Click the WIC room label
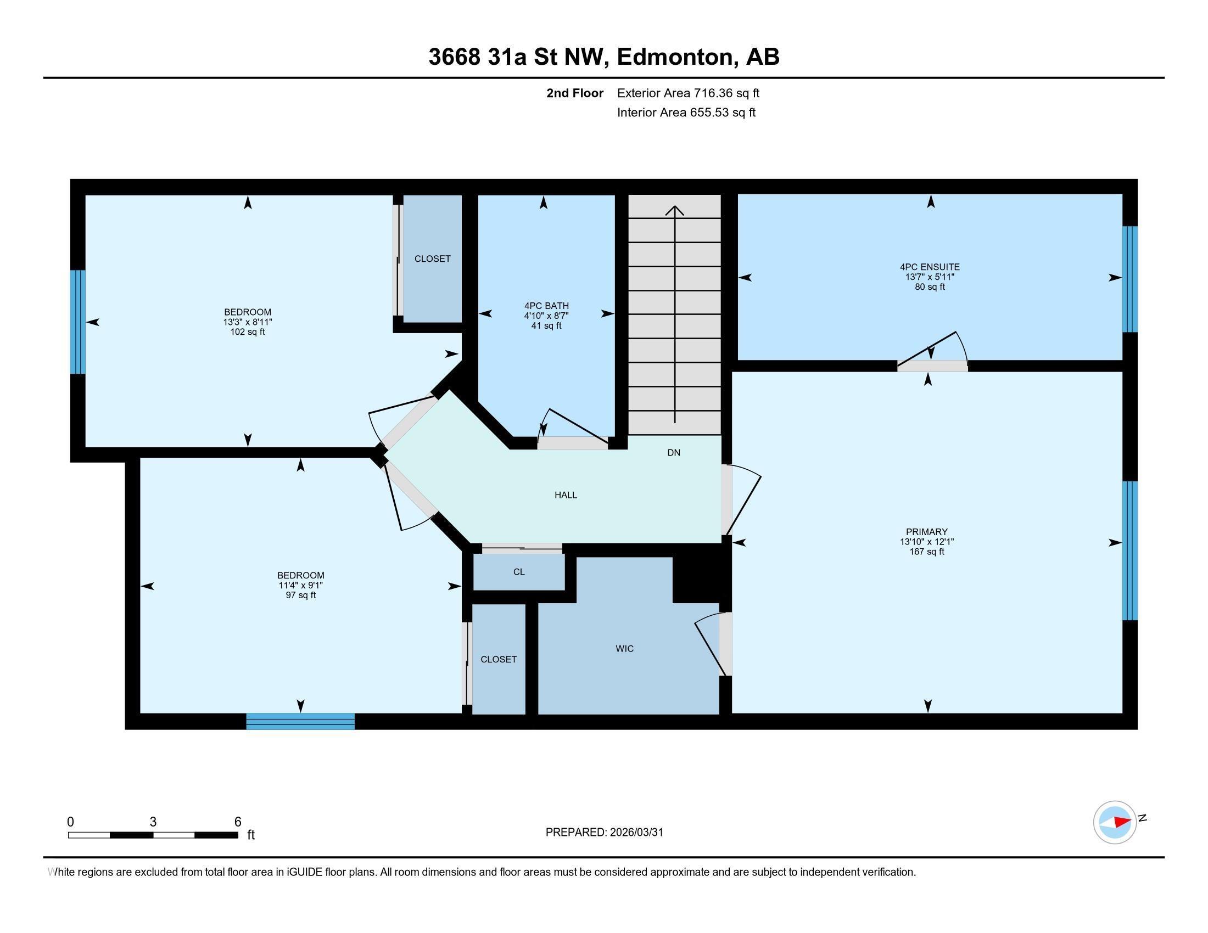coord(624,648)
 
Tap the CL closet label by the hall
coord(518,571)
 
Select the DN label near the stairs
coord(673,453)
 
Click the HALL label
coord(565,494)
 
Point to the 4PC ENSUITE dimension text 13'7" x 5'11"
coord(929,277)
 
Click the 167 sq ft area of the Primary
coord(926,552)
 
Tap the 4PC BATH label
coord(546,306)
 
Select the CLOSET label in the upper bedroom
coord(432,258)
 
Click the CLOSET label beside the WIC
coord(499,659)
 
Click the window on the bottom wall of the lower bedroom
coord(300,721)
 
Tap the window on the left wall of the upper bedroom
coord(78,322)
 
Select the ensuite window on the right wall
coord(1129,279)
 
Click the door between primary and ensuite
coord(932,366)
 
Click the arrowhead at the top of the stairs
coord(674,210)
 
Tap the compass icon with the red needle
coord(1115,822)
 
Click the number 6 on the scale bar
coord(238,822)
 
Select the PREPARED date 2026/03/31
coord(636,832)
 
